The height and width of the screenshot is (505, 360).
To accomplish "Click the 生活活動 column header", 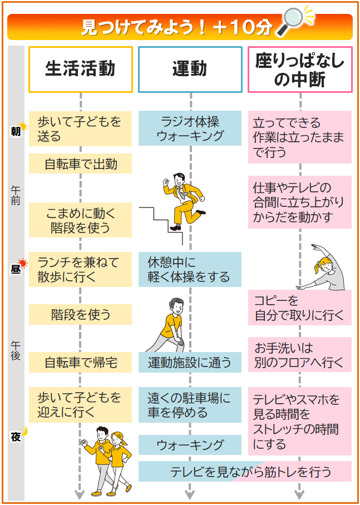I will coord(80,69).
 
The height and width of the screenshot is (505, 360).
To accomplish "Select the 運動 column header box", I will coord(190,69).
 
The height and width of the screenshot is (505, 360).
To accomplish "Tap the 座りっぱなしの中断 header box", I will coord(300,69).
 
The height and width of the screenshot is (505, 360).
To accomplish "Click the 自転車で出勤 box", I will coord(80,164).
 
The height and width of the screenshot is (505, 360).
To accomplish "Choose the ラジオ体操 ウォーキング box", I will coord(190,128).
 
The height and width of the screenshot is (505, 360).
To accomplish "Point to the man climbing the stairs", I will coord(183,201).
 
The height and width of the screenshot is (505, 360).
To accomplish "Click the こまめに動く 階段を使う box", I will coord(80,220).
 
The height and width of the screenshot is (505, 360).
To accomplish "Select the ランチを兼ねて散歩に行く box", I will coord(80,270).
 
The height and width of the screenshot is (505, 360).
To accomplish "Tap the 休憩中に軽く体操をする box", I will coord(190,270).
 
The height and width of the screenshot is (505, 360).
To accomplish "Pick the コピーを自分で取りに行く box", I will coord(300,308).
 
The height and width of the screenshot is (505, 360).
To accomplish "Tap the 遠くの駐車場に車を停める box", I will coord(190,405).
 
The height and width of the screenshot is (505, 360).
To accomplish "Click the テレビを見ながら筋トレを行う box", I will coord(245,472).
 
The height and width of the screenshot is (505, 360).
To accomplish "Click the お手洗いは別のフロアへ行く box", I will coord(300,355).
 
